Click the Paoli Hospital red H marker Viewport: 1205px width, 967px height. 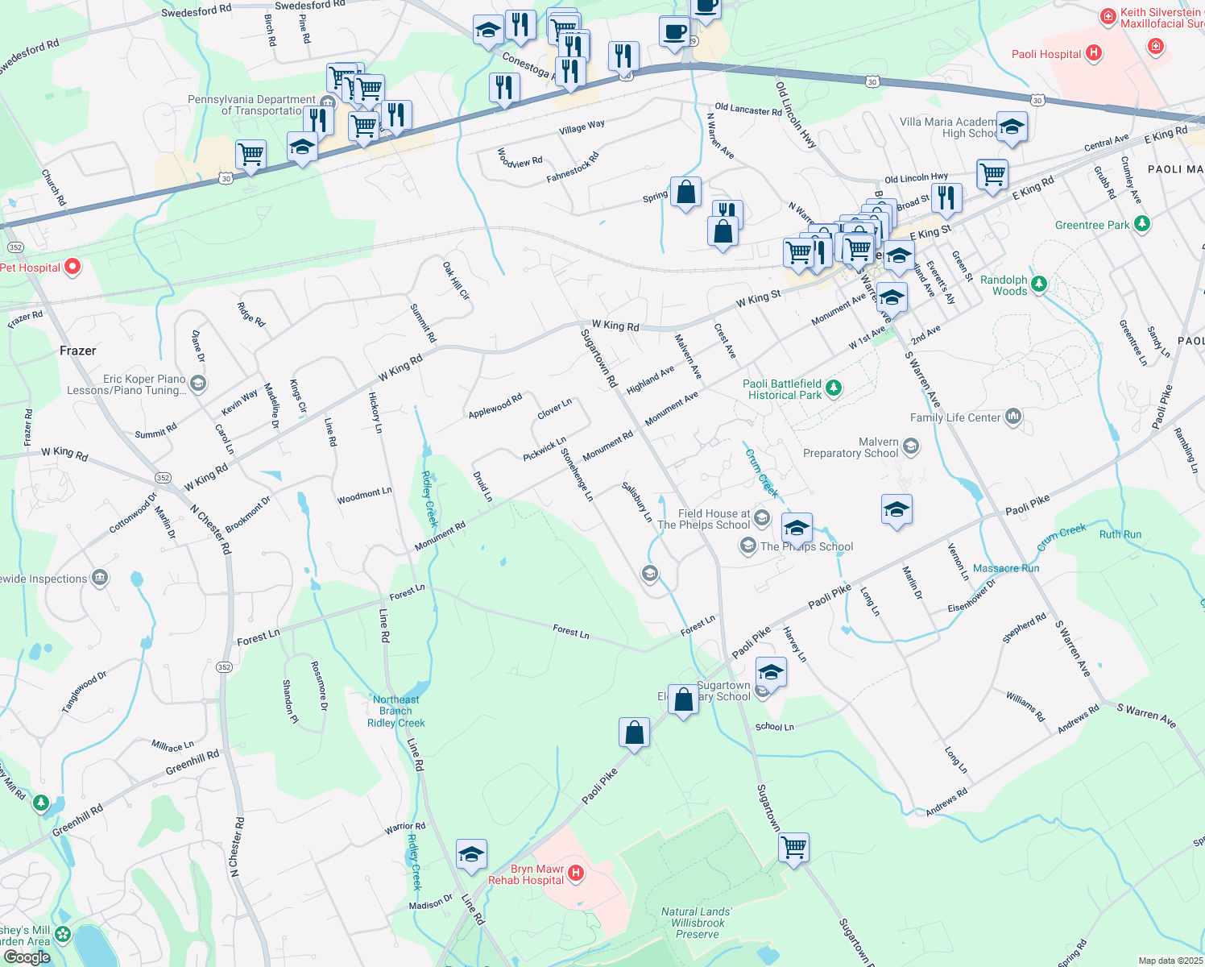pos(1093,54)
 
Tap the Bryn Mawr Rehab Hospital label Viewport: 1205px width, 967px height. pos(526,875)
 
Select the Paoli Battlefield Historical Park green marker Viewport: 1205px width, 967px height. pos(834,388)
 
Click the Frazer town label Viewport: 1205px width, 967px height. pos(77,351)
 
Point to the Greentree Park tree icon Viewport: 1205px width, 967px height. pos(1141,224)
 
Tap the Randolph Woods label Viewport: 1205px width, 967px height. pos(1004,285)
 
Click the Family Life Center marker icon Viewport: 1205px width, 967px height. pos(1013,416)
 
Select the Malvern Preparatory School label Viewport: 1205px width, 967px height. pos(850,448)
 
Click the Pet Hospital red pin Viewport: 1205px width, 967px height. pos(72,266)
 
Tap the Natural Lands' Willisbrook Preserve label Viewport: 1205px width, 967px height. pos(698,923)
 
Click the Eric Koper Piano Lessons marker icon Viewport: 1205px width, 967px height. pos(198,383)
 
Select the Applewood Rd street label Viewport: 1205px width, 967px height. pos(495,406)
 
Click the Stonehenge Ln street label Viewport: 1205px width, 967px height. pos(577,475)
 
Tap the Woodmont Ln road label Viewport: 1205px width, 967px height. pos(364,496)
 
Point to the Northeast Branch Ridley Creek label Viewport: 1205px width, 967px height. pos(395,711)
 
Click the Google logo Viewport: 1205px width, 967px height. pos(27,957)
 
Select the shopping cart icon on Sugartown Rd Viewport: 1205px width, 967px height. pos(793,847)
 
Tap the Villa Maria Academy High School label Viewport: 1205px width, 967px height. pos(948,127)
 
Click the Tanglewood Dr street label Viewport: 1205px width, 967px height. pos(84,692)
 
